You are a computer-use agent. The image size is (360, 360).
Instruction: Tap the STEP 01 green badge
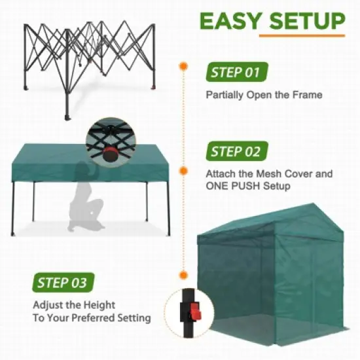pyautogui.click(x=234, y=71)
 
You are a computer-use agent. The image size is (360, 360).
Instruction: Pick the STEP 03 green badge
pyautogui.click(x=62, y=283)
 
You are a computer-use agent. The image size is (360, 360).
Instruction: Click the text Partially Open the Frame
pyautogui.click(x=264, y=95)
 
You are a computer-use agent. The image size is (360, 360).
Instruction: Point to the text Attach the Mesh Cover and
pyautogui.click(x=269, y=175)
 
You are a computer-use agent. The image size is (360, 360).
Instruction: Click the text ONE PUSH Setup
pyautogui.click(x=247, y=187)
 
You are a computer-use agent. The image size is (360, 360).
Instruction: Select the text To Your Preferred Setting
pyautogui.click(x=92, y=318)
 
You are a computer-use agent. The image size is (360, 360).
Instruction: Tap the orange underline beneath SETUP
pyautogui.click(x=300, y=35)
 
